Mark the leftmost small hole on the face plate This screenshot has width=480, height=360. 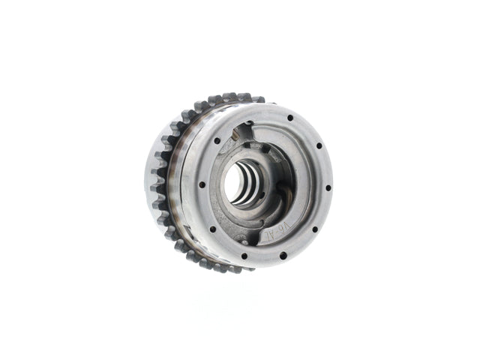[202, 184]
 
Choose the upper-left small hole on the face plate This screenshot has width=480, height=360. [217, 140]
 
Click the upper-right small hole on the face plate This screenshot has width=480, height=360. [319, 145]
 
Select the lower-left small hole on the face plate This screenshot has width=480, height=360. [213, 229]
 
